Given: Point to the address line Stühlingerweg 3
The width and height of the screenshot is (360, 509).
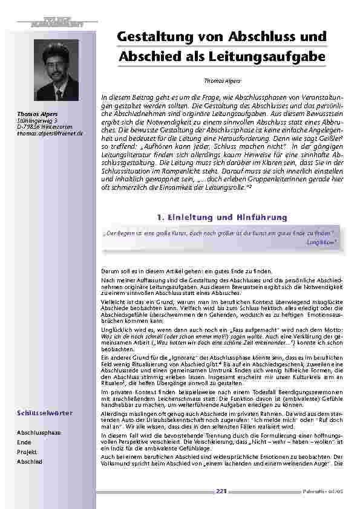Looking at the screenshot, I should coord(33,121).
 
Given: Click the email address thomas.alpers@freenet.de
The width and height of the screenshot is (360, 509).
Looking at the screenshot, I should coord(50,132).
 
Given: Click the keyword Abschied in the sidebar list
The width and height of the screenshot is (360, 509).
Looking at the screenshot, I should coord(30,461).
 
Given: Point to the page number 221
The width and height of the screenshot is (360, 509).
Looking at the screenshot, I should coord(221,491).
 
